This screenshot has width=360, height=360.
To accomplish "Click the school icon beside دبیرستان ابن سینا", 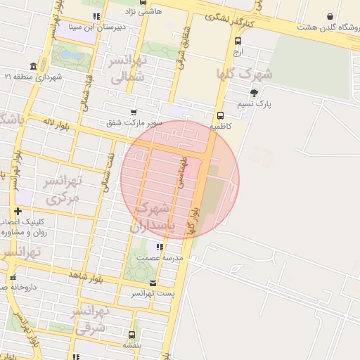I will point(96,15).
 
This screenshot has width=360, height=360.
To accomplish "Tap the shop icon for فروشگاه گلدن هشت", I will point(330,16).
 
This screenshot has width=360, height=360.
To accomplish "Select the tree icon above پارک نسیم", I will point(254,92).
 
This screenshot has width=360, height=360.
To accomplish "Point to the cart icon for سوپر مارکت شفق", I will point(134,112).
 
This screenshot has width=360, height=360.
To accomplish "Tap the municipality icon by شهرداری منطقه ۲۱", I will point(34,66).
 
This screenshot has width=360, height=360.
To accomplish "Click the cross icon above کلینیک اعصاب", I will point(18,211).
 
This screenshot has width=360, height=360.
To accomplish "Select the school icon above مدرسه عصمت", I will point(160,247).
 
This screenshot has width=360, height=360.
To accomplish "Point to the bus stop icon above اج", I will point(238,41).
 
